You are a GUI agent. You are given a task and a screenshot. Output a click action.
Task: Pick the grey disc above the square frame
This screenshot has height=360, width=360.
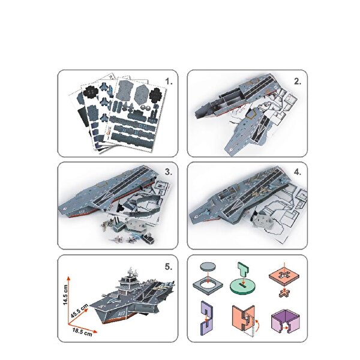[x=209, y=267]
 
